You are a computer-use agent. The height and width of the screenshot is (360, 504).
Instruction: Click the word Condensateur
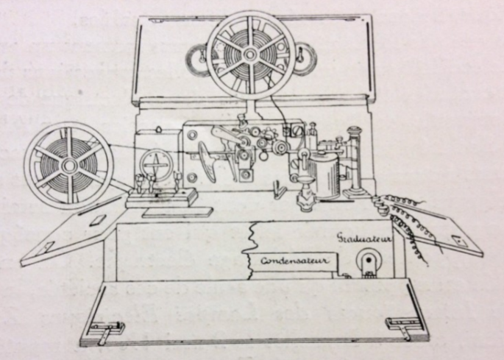pyautogui.click(x=295, y=261)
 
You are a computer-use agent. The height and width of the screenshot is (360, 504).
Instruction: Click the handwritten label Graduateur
pyautogui.click(x=363, y=238)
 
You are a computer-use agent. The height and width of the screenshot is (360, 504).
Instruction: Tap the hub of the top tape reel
pyautogui.click(x=249, y=54)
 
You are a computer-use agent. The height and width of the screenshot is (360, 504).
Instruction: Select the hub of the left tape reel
pyautogui.click(x=68, y=166)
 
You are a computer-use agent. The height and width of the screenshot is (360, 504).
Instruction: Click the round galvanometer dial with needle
pyautogui.click(x=156, y=165)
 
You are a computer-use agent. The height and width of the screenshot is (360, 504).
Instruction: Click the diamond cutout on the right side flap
pyautogui.click(x=457, y=240)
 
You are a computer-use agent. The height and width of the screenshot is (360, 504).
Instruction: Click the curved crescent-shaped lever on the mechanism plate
pyautogui.click(x=207, y=161)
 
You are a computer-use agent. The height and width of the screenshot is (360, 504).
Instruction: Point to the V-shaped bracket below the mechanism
pyautogui.click(x=277, y=189)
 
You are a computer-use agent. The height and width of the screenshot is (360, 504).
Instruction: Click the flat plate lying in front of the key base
pyautogui.click(x=178, y=212)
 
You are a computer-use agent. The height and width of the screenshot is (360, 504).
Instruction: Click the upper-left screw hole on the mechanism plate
pyautogui.click(x=192, y=135)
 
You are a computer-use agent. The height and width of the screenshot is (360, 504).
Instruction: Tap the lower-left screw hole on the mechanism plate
pyautogui.click(x=192, y=177)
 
